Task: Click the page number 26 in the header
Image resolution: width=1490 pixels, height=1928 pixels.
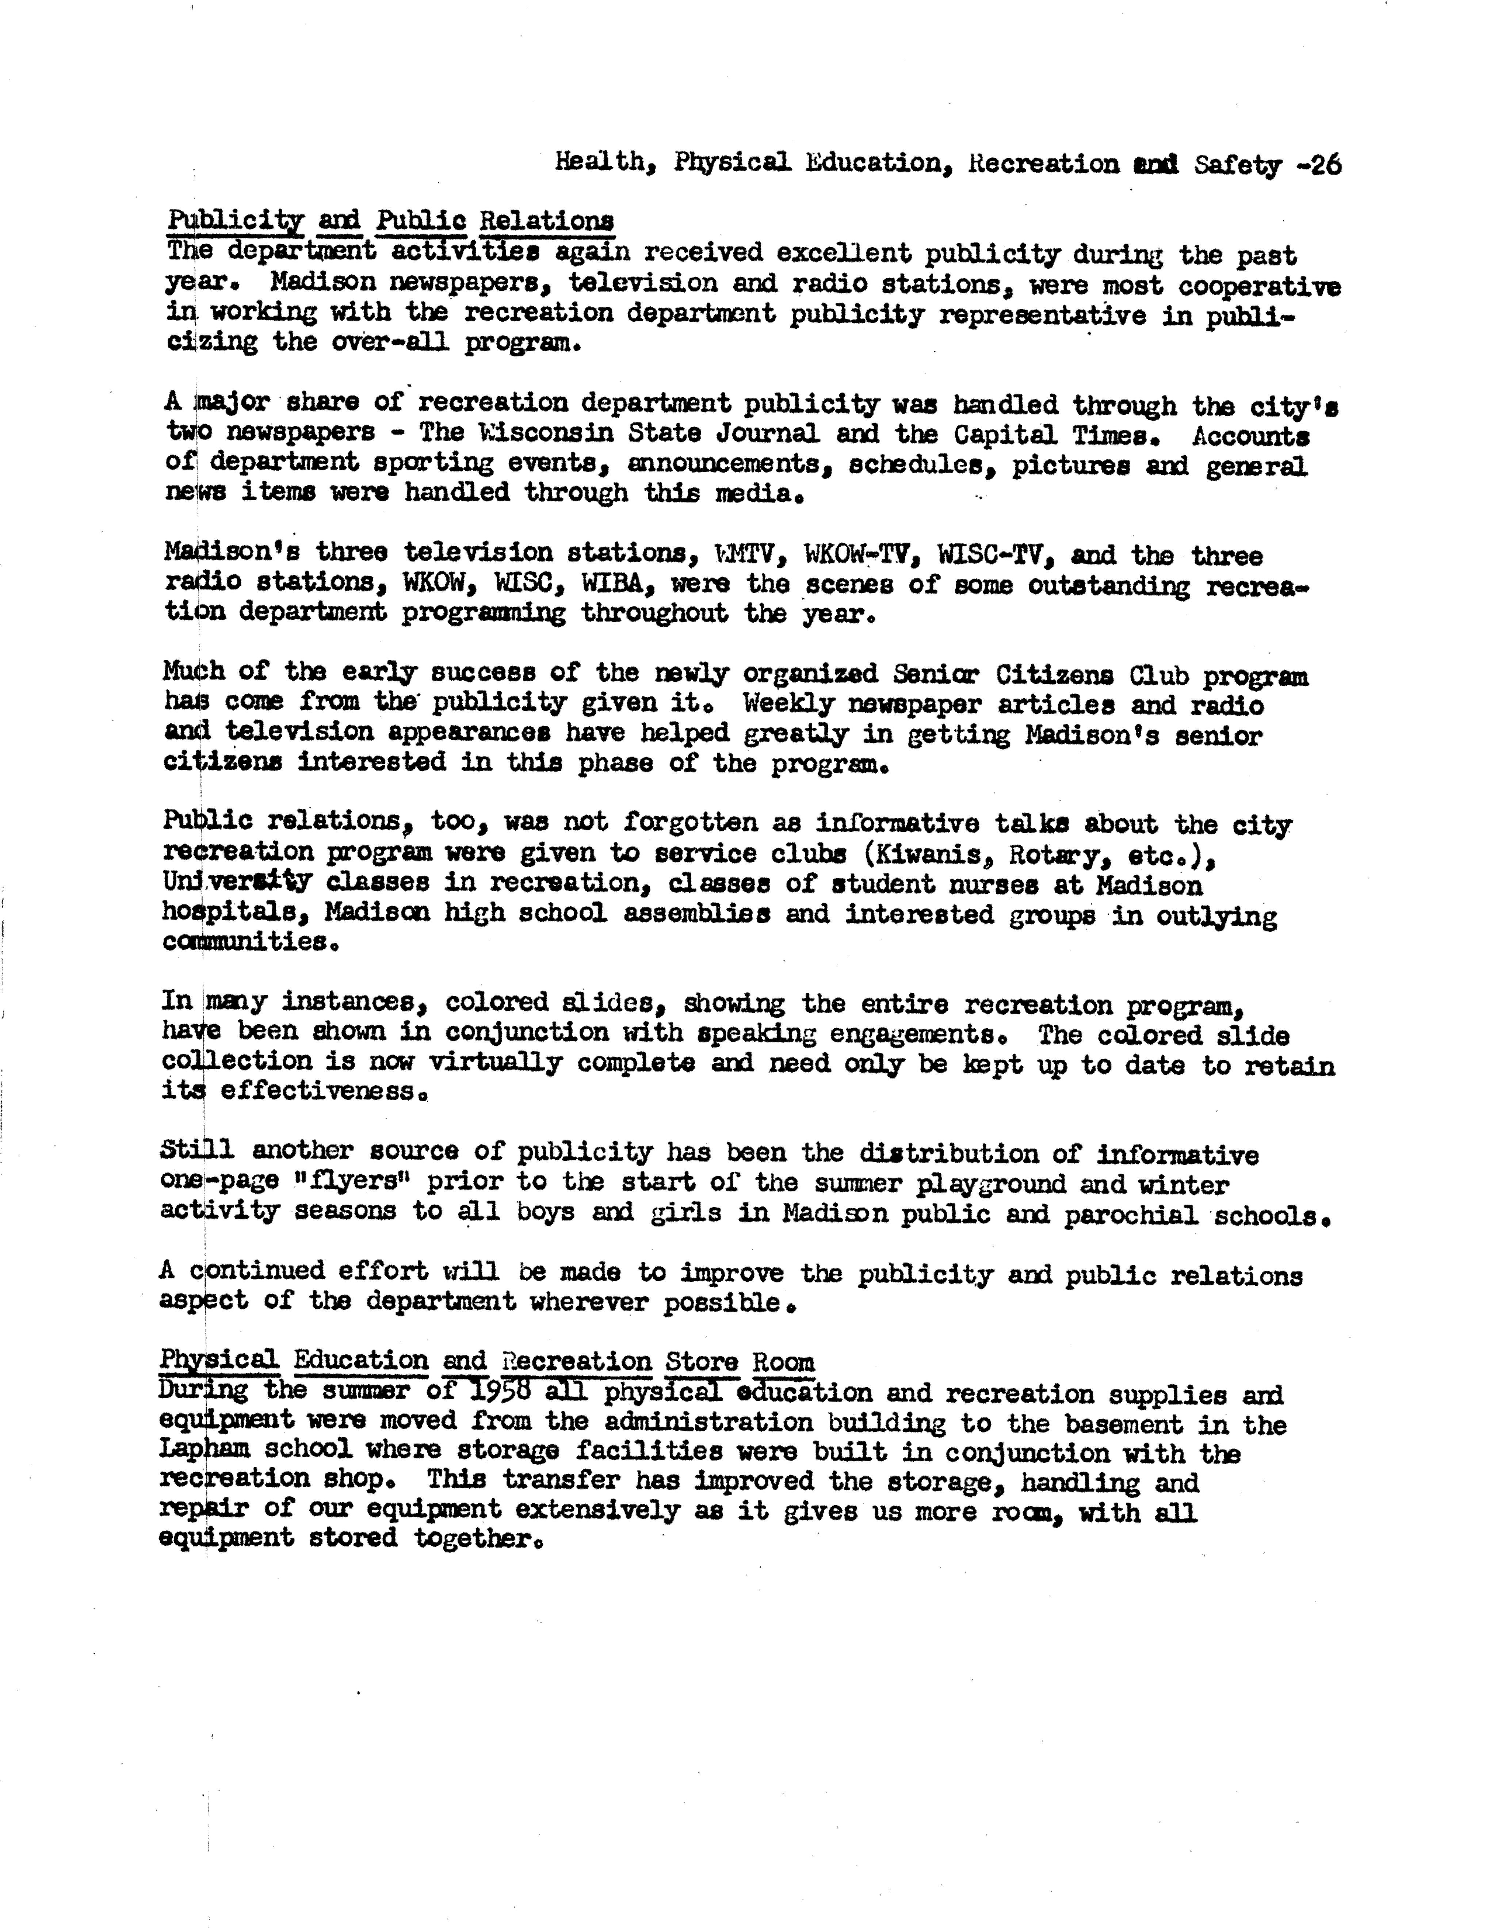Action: tap(1324, 165)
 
